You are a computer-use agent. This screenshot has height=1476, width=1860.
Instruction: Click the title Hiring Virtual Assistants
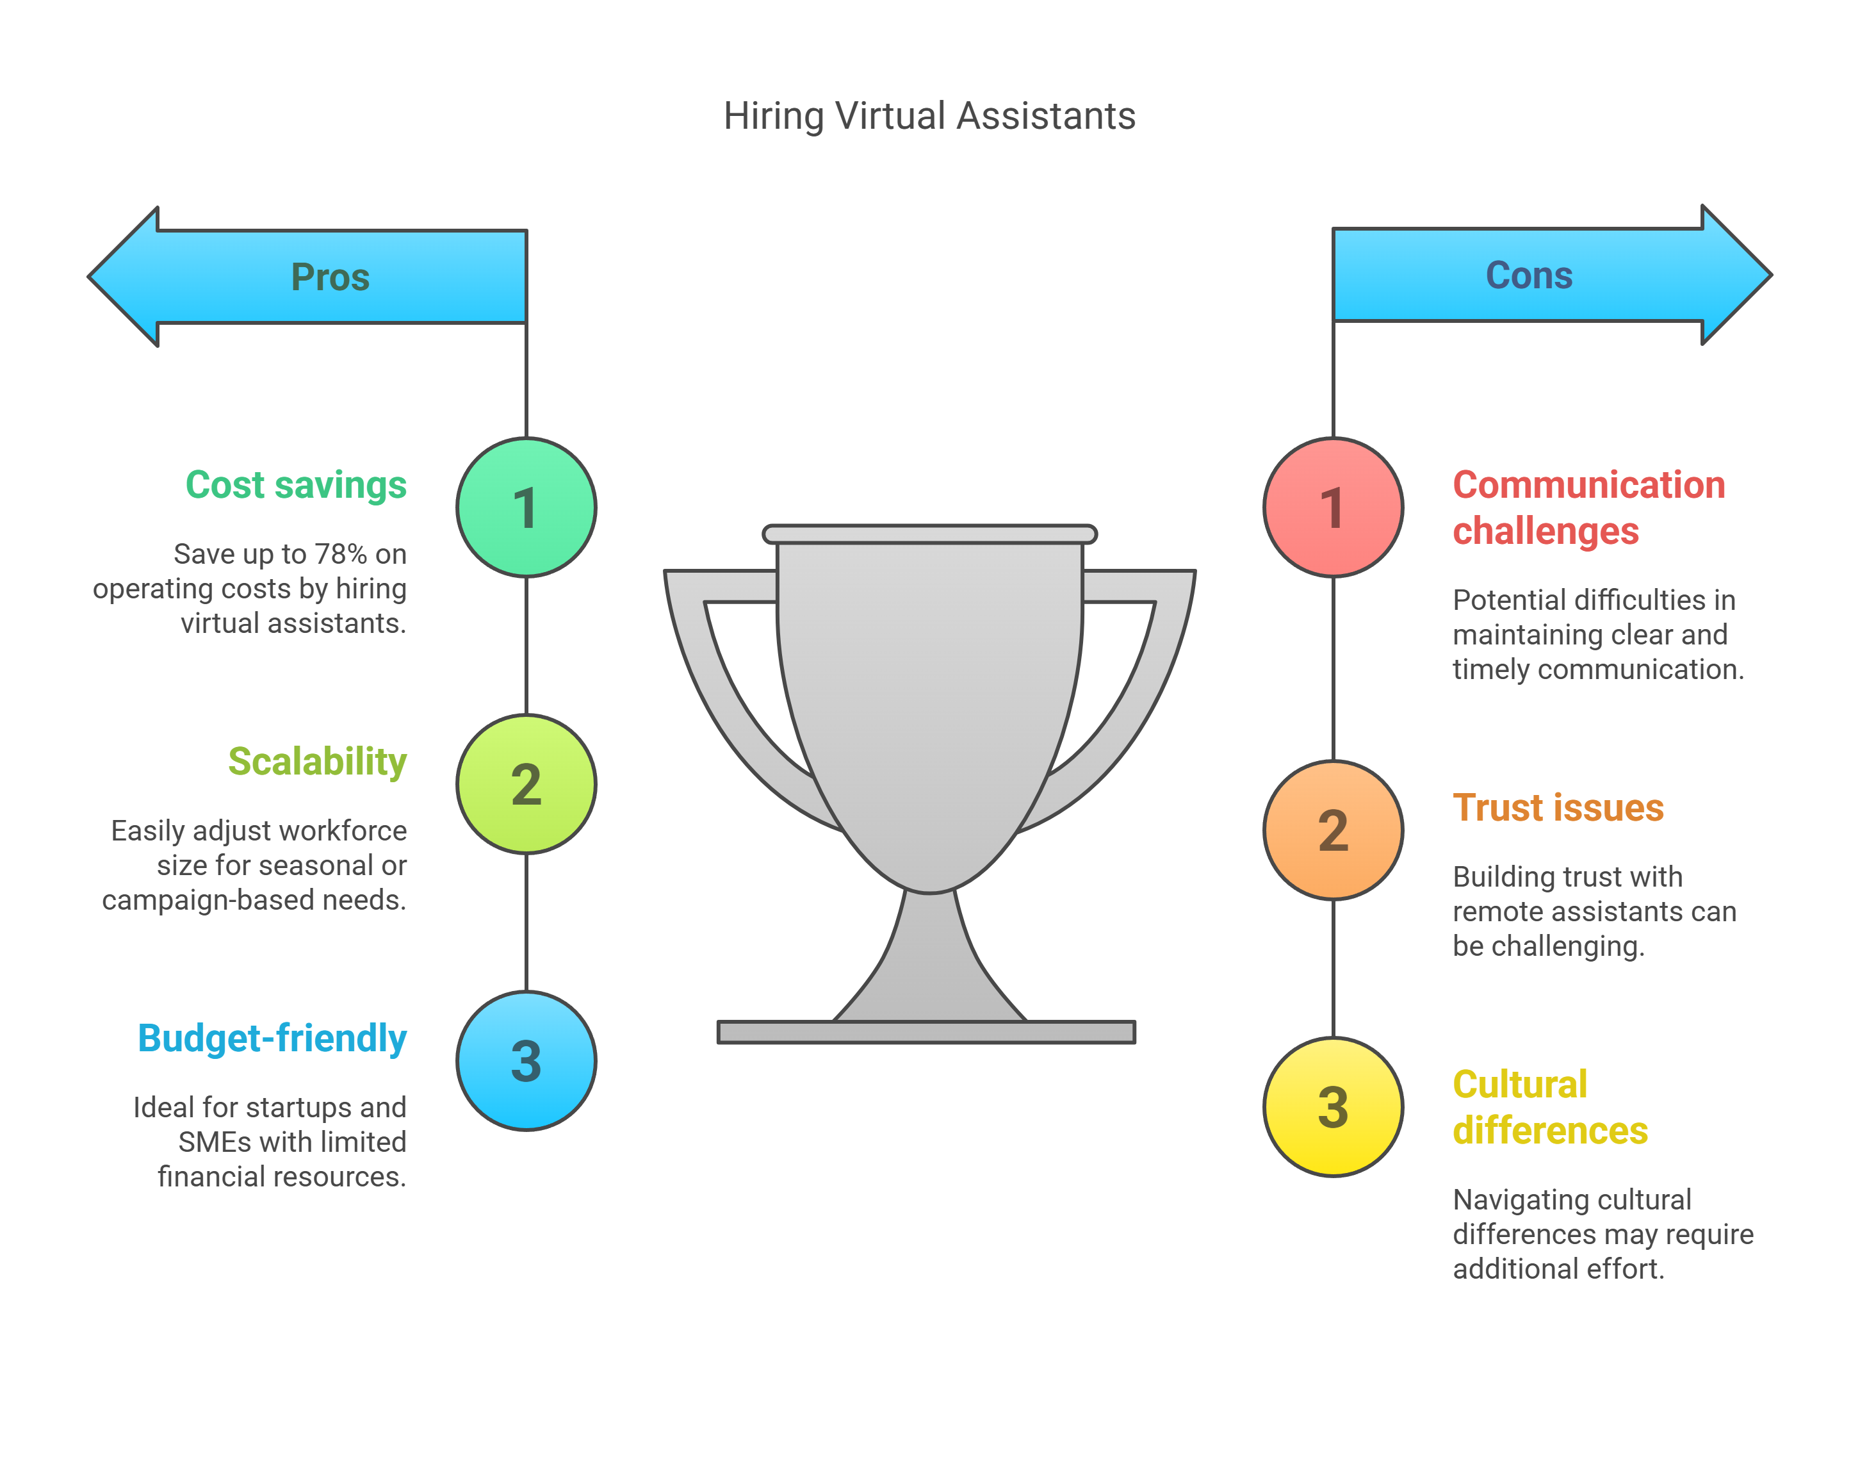coord(929,115)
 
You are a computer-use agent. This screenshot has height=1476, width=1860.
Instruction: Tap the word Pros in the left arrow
coord(330,277)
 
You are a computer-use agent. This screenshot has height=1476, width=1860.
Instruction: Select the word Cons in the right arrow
coord(1529,275)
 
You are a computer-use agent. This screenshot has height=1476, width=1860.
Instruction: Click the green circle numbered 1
coord(526,507)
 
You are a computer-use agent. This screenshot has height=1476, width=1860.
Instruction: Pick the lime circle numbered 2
coord(526,784)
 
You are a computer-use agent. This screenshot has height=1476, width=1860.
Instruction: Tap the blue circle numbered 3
coord(526,1061)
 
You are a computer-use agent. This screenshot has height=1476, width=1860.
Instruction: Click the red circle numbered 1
coord(1333,507)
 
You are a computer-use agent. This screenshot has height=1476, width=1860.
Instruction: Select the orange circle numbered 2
coord(1333,830)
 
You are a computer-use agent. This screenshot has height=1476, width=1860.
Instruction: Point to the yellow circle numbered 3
coord(1333,1107)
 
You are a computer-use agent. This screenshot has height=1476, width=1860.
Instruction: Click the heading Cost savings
coord(296,485)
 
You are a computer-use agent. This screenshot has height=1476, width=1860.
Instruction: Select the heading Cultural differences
coord(1549,1108)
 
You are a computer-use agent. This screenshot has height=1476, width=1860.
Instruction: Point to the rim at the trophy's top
coord(929,534)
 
